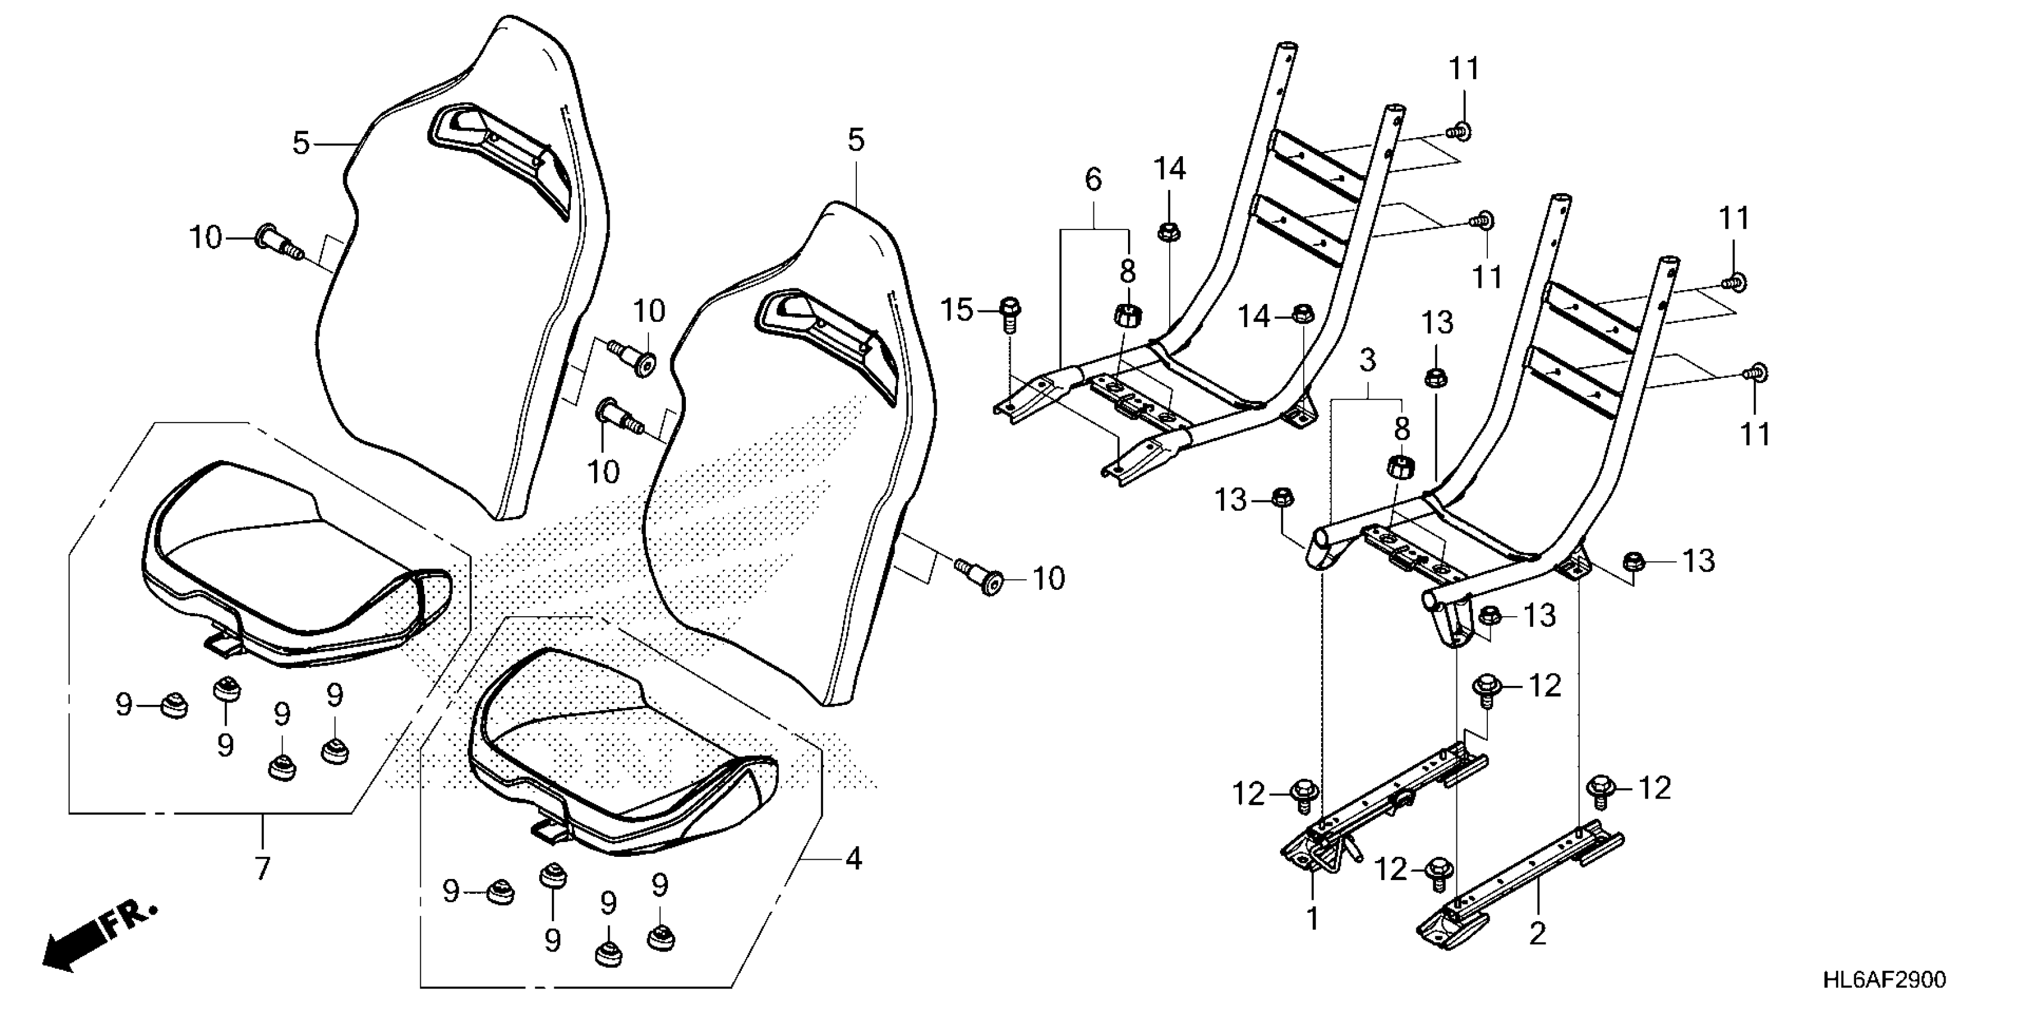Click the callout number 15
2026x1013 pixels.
(x=957, y=310)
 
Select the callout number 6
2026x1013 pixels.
(x=1093, y=180)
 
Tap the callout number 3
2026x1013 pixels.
(x=1368, y=361)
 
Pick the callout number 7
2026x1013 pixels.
(x=262, y=868)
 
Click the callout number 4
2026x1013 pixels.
(x=854, y=858)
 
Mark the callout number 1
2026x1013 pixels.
(x=1312, y=918)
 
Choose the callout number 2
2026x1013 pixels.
(x=1537, y=934)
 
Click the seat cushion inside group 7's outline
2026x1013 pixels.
(x=291, y=566)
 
